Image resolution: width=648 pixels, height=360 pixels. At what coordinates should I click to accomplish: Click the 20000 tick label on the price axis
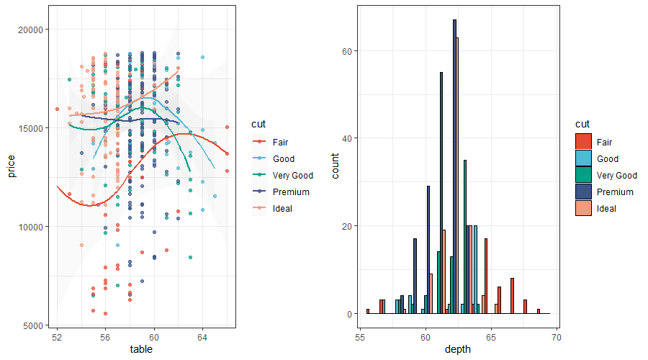pyautogui.click(x=32, y=30)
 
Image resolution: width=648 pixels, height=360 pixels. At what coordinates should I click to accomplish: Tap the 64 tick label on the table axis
pyautogui.click(x=203, y=338)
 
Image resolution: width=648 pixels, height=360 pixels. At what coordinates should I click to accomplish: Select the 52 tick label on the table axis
pyautogui.click(x=57, y=338)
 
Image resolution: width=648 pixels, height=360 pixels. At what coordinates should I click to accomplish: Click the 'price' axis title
pyautogui.click(x=12, y=165)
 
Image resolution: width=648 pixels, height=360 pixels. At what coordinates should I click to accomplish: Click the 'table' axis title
pyautogui.click(x=141, y=350)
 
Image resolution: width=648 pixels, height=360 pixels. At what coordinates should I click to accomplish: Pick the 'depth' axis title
pyautogui.click(x=459, y=350)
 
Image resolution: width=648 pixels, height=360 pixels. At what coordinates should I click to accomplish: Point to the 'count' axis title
pyautogui.click(x=336, y=165)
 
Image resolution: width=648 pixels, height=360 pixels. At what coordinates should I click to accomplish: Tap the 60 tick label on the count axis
pyautogui.click(x=346, y=51)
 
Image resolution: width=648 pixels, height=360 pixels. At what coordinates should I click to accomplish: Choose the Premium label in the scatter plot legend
pyautogui.click(x=291, y=192)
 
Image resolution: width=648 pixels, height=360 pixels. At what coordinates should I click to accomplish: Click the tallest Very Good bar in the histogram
pyautogui.click(x=465, y=237)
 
